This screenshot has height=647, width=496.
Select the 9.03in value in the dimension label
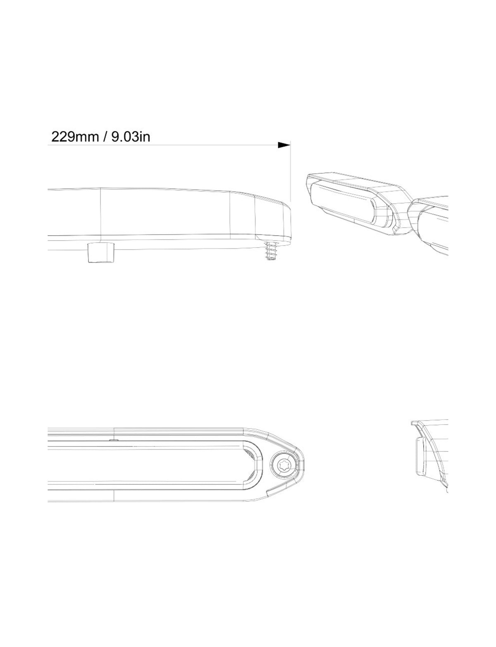[131, 137]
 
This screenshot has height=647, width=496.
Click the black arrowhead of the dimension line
[284, 145]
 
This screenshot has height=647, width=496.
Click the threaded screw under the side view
[271, 250]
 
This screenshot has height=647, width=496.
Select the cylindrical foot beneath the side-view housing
[101, 252]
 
